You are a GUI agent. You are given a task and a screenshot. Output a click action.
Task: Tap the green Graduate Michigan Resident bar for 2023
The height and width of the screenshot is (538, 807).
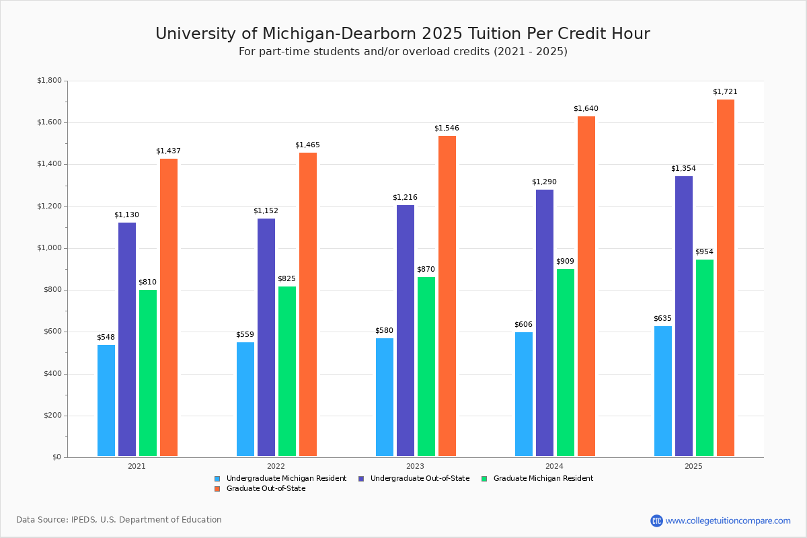426,367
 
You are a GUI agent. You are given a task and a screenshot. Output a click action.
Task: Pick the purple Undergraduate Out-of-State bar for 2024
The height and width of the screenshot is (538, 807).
545,323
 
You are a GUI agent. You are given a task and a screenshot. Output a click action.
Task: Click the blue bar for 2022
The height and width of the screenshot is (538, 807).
245,399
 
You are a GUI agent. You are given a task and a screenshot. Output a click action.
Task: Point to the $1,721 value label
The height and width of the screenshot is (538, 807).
725,91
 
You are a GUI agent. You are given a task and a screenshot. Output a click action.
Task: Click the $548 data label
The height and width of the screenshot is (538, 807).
106,337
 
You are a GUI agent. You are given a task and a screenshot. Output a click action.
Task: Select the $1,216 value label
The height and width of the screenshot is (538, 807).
405,197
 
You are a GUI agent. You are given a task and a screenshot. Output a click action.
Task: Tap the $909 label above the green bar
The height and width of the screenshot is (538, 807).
565,261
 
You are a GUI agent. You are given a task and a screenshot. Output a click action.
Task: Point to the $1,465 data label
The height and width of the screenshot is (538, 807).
307,145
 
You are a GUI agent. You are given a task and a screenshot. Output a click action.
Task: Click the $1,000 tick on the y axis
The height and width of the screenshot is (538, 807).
48,248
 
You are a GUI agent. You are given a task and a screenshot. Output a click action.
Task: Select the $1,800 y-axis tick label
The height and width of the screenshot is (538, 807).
48,81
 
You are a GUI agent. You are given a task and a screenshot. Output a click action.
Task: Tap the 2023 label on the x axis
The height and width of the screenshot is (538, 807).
415,465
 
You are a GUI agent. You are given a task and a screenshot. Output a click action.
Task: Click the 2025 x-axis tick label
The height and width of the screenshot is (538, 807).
693,465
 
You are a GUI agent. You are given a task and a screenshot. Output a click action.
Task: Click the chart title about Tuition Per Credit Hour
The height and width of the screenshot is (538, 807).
403,34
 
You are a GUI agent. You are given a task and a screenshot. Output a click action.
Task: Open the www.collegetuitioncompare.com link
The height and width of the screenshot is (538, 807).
728,521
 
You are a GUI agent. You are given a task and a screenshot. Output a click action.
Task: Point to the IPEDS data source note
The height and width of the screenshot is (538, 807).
119,520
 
